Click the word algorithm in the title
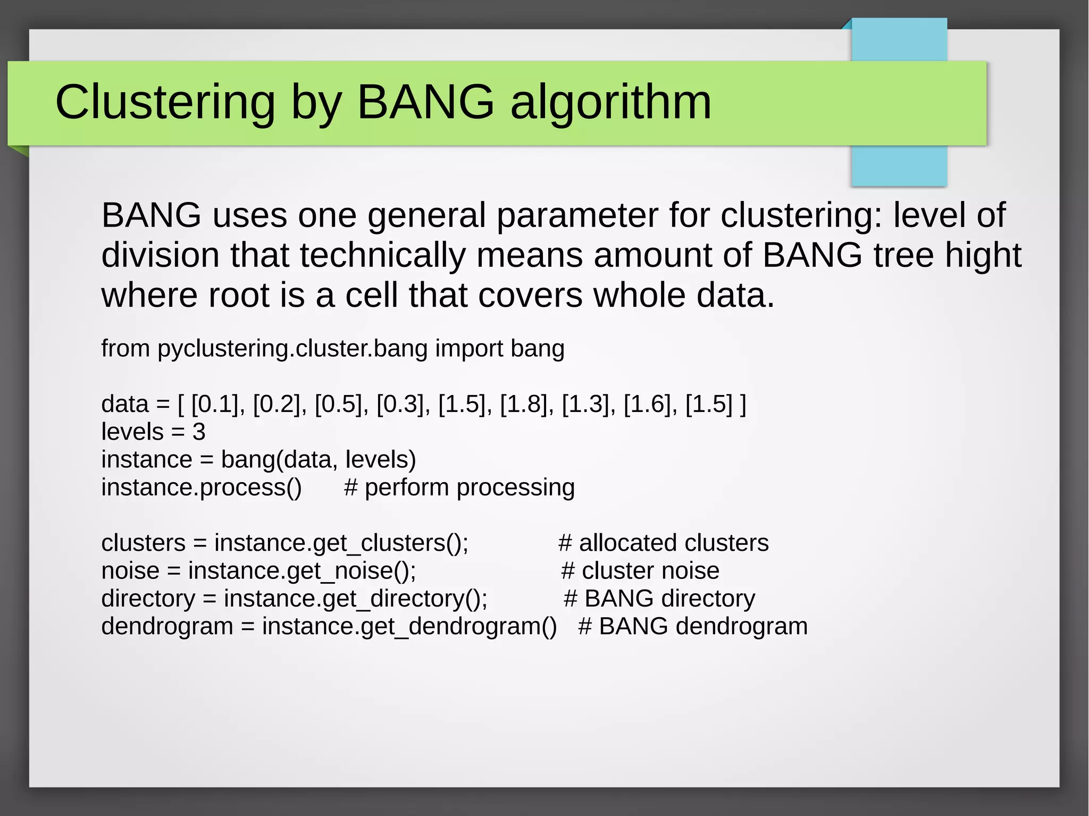pos(610,102)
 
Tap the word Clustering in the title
pos(165,102)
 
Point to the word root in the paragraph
pos(239,295)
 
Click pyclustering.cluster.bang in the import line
pos(292,349)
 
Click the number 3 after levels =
pos(199,432)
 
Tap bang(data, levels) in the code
pos(318,460)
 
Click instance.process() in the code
pos(201,487)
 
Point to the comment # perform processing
pos(459,487)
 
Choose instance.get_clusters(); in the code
pos(341,543)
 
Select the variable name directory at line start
pos(148,599)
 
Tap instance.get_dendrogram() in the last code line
pos(409,626)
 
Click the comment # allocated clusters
pos(663,543)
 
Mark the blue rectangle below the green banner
pos(899,166)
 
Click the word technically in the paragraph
pos(383,255)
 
